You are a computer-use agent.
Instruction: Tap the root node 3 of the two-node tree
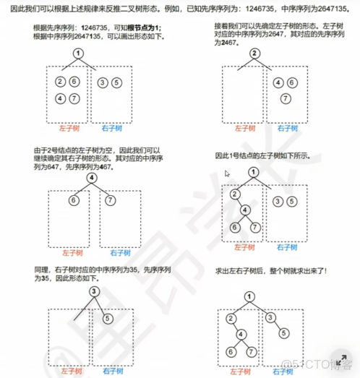click(94, 291)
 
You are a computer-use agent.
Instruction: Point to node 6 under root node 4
click(74, 199)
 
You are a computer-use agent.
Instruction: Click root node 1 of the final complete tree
click(249, 296)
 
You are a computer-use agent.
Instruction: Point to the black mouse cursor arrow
click(226, 173)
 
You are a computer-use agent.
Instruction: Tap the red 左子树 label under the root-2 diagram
click(236, 129)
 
